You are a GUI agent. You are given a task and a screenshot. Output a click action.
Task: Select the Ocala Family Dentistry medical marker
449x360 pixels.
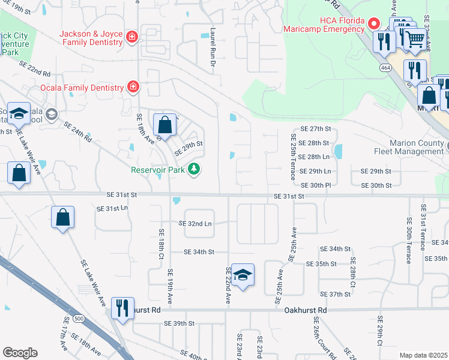click(x=134, y=88)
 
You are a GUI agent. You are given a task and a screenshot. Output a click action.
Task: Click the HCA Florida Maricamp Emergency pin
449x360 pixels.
click(x=373, y=24)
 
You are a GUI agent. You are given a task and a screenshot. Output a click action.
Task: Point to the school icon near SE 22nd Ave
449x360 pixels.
click(x=243, y=275)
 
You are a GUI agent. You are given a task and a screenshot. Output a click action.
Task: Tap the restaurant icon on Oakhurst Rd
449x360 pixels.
click(x=122, y=308)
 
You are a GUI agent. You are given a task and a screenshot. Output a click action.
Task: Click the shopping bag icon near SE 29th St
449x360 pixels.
click(x=164, y=125)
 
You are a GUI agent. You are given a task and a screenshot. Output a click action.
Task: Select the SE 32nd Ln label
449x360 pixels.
click(x=196, y=224)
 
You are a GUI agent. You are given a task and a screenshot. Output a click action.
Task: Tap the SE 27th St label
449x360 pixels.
click(x=316, y=129)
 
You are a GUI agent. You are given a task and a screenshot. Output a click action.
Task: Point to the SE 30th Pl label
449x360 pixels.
click(x=316, y=186)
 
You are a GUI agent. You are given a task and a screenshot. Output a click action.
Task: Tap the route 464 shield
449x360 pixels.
click(x=382, y=68)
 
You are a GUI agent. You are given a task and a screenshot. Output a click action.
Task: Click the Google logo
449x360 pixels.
click(x=20, y=353)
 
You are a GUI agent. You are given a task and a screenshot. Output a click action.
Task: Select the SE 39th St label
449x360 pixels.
click(x=180, y=323)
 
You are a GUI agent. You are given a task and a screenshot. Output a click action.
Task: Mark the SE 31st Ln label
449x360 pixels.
click(x=112, y=208)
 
